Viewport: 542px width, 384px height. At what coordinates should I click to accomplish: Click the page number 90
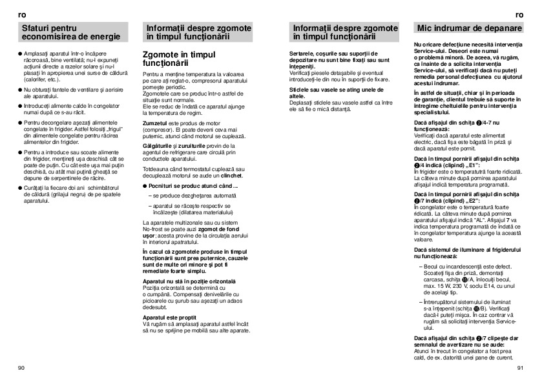21,367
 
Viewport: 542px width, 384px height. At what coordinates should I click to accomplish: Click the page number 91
520,367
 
